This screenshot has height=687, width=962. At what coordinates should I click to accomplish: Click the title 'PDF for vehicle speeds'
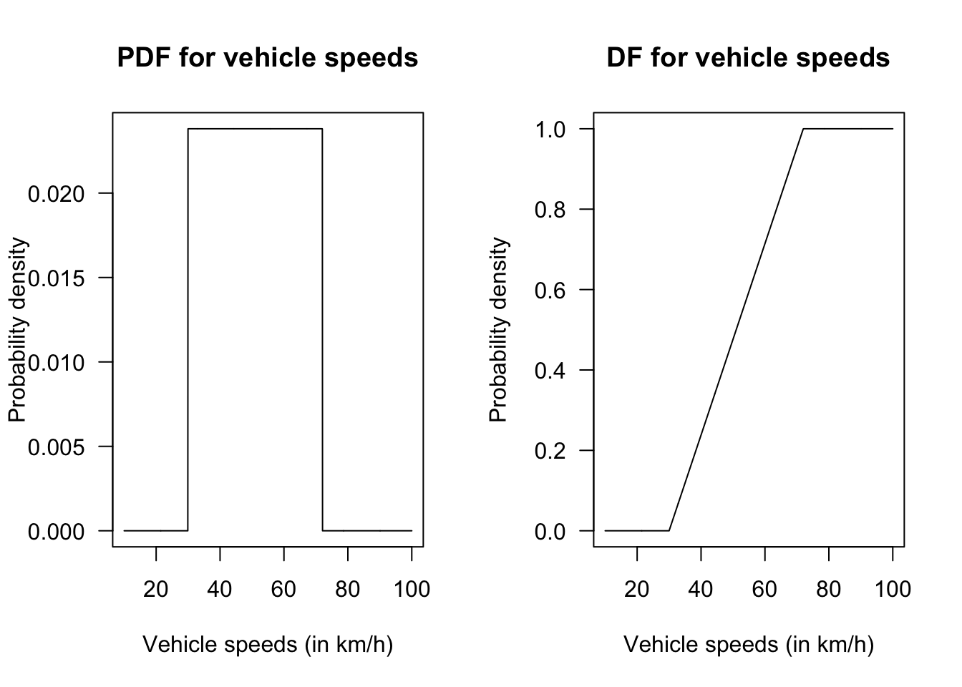[x=267, y=58]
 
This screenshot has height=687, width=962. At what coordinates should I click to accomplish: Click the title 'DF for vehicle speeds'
[x=748, y=58]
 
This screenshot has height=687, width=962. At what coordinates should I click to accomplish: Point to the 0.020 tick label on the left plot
[x=56, y=194]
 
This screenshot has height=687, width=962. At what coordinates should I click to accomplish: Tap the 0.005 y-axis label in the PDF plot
[x=56, y=447]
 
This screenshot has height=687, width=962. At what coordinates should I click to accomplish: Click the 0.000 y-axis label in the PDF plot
[x=56, y=532]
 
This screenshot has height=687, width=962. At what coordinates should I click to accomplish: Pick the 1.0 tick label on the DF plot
[x=550, y=130]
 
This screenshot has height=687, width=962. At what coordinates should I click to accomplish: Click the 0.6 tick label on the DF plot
[x=550, y=291]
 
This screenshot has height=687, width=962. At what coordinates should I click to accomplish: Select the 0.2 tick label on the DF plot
[x=550, y=451]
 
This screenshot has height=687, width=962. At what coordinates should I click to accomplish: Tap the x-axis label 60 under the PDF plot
[x=283, y=589]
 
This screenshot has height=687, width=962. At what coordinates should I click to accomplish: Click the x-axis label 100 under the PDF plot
[x=412, y=589]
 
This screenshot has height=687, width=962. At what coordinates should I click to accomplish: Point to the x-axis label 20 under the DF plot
[x=637, y=589]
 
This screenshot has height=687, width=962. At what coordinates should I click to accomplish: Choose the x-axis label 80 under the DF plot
[x=829, y=589]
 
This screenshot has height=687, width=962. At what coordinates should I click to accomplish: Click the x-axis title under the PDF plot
[x=268, y=645]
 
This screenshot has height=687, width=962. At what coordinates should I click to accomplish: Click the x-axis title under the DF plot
[x=749, y=645]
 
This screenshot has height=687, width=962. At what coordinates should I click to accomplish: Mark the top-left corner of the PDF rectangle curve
[x=188, y=129]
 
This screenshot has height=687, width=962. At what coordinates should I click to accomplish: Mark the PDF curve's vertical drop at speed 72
[x=322, y=329]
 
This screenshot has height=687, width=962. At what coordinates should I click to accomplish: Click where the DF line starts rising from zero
[x=669, y=530]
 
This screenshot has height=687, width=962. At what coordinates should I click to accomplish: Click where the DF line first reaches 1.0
[x=803, y=129]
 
